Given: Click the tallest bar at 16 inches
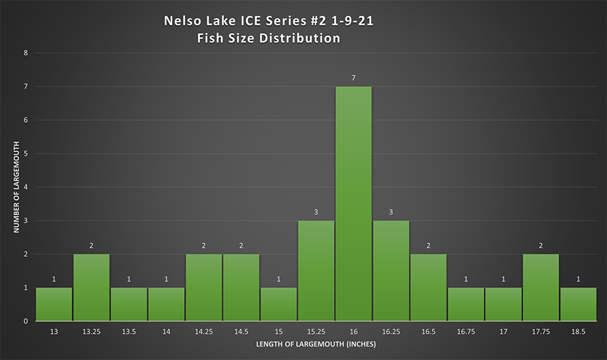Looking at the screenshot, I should pyautogui.click(x=353, y=204).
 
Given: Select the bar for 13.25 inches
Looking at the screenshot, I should pyautogui.click(x=91, y=287).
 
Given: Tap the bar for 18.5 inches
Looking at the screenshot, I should pyautogui.click(x=578, y=304).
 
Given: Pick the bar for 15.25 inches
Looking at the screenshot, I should pyautogui.click(x=316, y=270).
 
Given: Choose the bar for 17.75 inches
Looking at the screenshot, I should pyautogui.click(x=540, y=287).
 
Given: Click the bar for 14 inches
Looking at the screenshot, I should pyautogui.click(x=166, y=304).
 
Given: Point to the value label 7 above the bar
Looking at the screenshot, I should pyautogui.click(x=353, y=78).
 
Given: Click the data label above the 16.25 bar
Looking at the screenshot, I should pyautogui.click(x=391, y=212).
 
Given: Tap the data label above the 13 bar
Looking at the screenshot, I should pyautogui.click(x=54, y=279).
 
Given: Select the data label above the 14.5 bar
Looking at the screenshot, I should pyautogui.click(x=241, y=246).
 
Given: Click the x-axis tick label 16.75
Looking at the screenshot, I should pyautogui.click(x=465, y=332).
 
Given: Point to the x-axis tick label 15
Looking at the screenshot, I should pyautogui.click(x=279, y=332).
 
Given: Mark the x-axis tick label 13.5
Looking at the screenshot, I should pyautogui.click(x=129, y=332).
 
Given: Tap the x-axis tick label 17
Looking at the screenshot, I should pyautogui.click(x=503, y=332).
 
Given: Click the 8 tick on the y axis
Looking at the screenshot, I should pyautogui.click(x=25, y=53).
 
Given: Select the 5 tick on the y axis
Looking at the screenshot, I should pyautogui.click(x=25, y=153).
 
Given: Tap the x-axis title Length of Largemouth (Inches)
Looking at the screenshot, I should pyautogui.click(x=316, y=345).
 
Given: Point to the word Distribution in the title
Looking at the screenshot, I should pyautogui.click(x=297, y=38).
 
